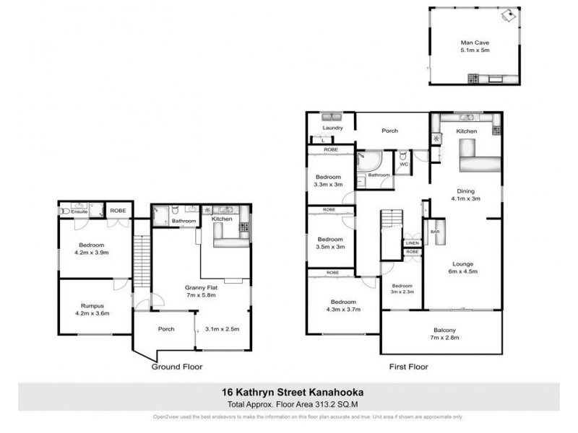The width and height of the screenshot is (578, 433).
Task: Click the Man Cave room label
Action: coord(475,42)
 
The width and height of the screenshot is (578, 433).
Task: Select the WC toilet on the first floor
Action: coord(403,157)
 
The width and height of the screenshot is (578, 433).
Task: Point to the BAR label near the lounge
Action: coord(435,232)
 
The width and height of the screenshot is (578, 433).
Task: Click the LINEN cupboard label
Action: coord(412,243)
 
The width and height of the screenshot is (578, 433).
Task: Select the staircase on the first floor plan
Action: coord(390,231)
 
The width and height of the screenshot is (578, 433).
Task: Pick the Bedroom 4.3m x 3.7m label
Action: coord(343,305)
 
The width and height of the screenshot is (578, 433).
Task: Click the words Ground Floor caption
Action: coord(176,367)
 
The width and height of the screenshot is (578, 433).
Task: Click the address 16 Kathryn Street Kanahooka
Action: coord(289,393)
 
